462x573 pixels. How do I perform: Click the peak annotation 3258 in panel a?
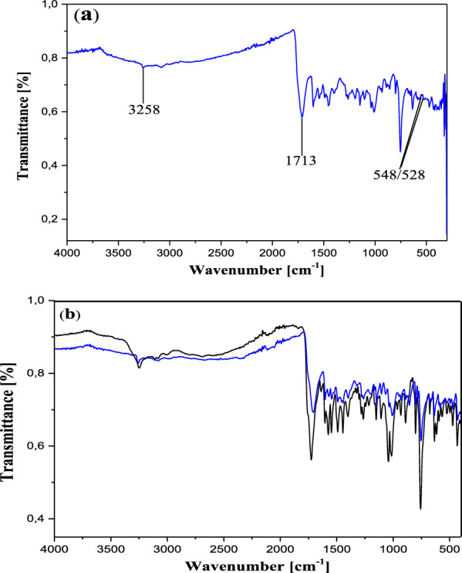[x=143, y=110]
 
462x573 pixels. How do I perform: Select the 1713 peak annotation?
[x=302, y=161]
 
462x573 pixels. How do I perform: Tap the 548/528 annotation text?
[x=399, y=175]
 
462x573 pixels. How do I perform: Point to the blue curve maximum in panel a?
[x=293, y=30]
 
